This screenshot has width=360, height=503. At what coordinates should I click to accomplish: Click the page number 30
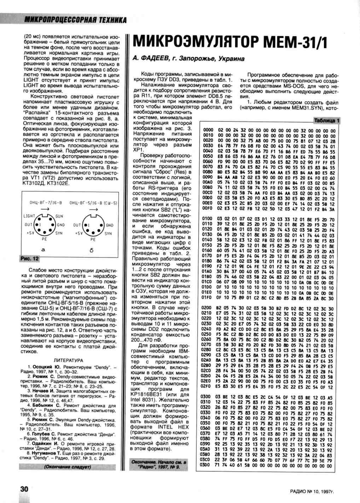tap(24, 489)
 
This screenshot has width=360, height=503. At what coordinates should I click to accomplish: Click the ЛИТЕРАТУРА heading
tap(68, 361)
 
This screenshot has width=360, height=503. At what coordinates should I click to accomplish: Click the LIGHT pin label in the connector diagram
tap(29, 216)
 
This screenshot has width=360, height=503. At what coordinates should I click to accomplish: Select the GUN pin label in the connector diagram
tap(59, 216)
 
